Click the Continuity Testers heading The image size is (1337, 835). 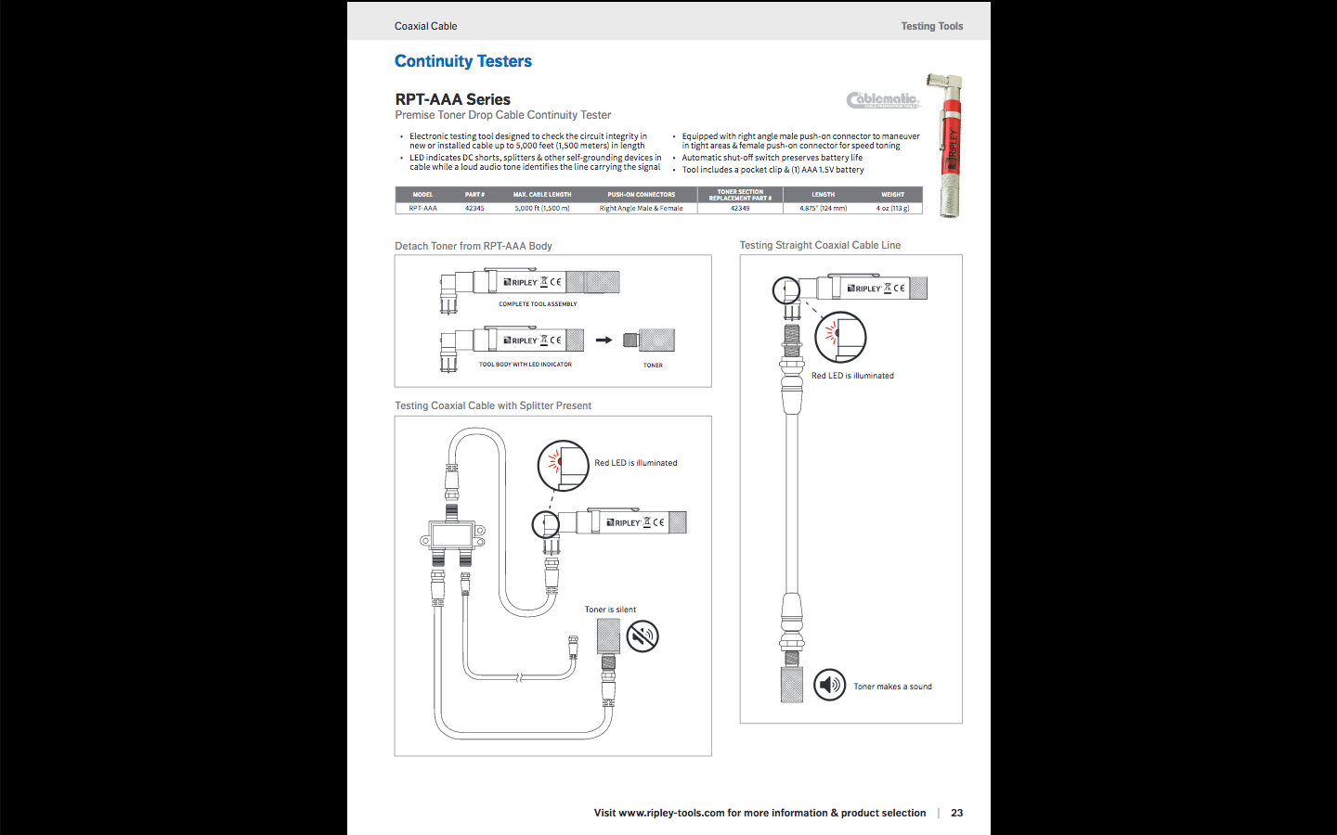pos(462,61)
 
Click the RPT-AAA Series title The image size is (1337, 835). pos(452,99)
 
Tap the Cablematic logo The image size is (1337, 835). pos(882,100)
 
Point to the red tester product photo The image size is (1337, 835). pos(950,146)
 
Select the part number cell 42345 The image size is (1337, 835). pos(474,209)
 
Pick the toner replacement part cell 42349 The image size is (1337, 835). pos(740,209)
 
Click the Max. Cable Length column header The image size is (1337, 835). pos(542,195)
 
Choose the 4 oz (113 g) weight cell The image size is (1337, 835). pos(892,209)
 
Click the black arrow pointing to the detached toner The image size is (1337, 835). pos(604,340)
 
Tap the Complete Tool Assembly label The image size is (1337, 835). pos(538,304)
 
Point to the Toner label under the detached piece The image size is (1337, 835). pos(653,366)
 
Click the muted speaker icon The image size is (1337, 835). pos(642,636)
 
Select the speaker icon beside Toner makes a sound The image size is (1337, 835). pos(829,686)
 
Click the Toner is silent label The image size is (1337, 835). pos(610,610)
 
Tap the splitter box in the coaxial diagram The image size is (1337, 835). pos(452,535)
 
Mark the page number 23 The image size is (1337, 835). pos(956,813)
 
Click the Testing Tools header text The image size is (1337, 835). pos(931,26)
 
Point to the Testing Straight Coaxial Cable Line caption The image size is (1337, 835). pos(820,245)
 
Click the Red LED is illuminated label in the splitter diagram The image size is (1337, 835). pos(635,463)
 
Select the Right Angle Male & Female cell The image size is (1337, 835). pos(641,209)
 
